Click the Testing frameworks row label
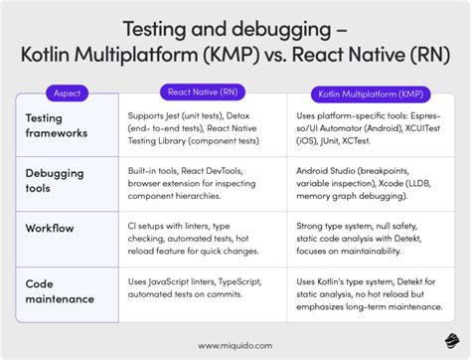pyautogui.click(x=59, y=126)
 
